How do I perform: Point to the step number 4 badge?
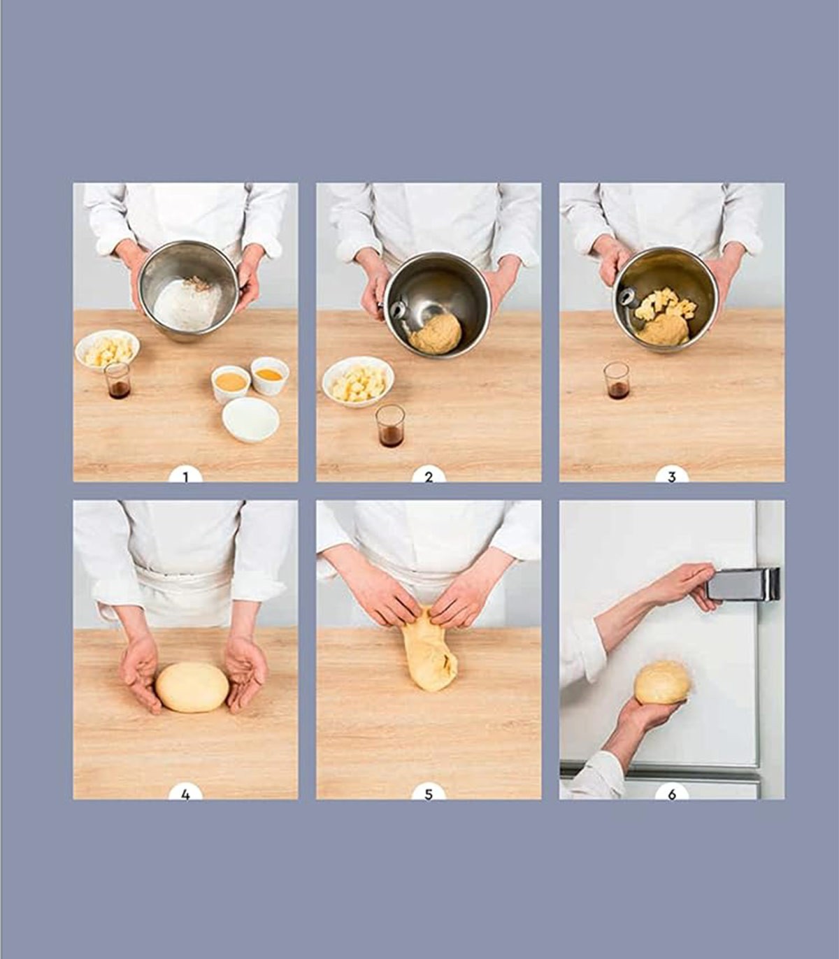tap(185, 793)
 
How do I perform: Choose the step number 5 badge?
tap(429, 793)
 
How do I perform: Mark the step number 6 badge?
tap(672, 793)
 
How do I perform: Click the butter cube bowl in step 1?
tap(108, 349)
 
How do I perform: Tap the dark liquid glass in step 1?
tap(117, 380)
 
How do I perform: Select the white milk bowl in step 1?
tap(251, 419)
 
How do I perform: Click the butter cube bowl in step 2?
tap(359, 382)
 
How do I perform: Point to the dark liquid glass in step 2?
tap(390, 426)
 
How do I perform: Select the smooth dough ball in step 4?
tap(192, 687)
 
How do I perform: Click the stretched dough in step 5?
tap(430, 649)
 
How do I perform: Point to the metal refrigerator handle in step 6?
tap(743, 584)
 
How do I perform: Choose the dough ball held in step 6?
tap(662, 682)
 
